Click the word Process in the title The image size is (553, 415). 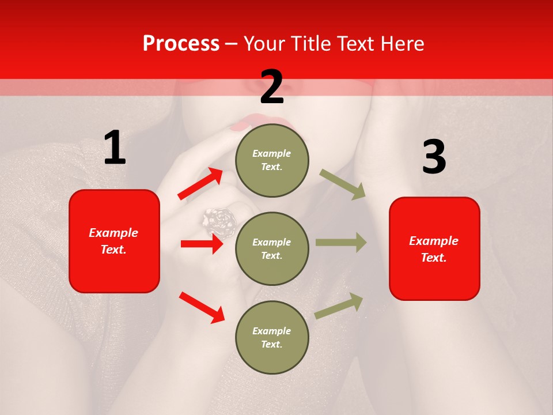[x=181, y=43]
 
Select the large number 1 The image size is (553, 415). [x=115, y=148]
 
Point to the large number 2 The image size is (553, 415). [x=272, y=87]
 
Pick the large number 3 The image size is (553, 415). [x=434, y=157]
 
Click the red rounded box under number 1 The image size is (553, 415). [x=114, y=241]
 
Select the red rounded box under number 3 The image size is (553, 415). [x=434, y=248]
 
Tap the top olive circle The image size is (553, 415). [x=272, y=160]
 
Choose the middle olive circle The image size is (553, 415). [x=272, y=248]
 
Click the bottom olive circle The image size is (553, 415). [x=272, y=337]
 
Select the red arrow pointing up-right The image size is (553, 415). [x=200, y=184]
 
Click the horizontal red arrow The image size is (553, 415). [x=202, y=244]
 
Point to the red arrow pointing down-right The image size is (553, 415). [x=202, y=307]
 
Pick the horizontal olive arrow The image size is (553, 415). [x=341, y=242]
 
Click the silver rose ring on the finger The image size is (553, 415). [x=219, y=219]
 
